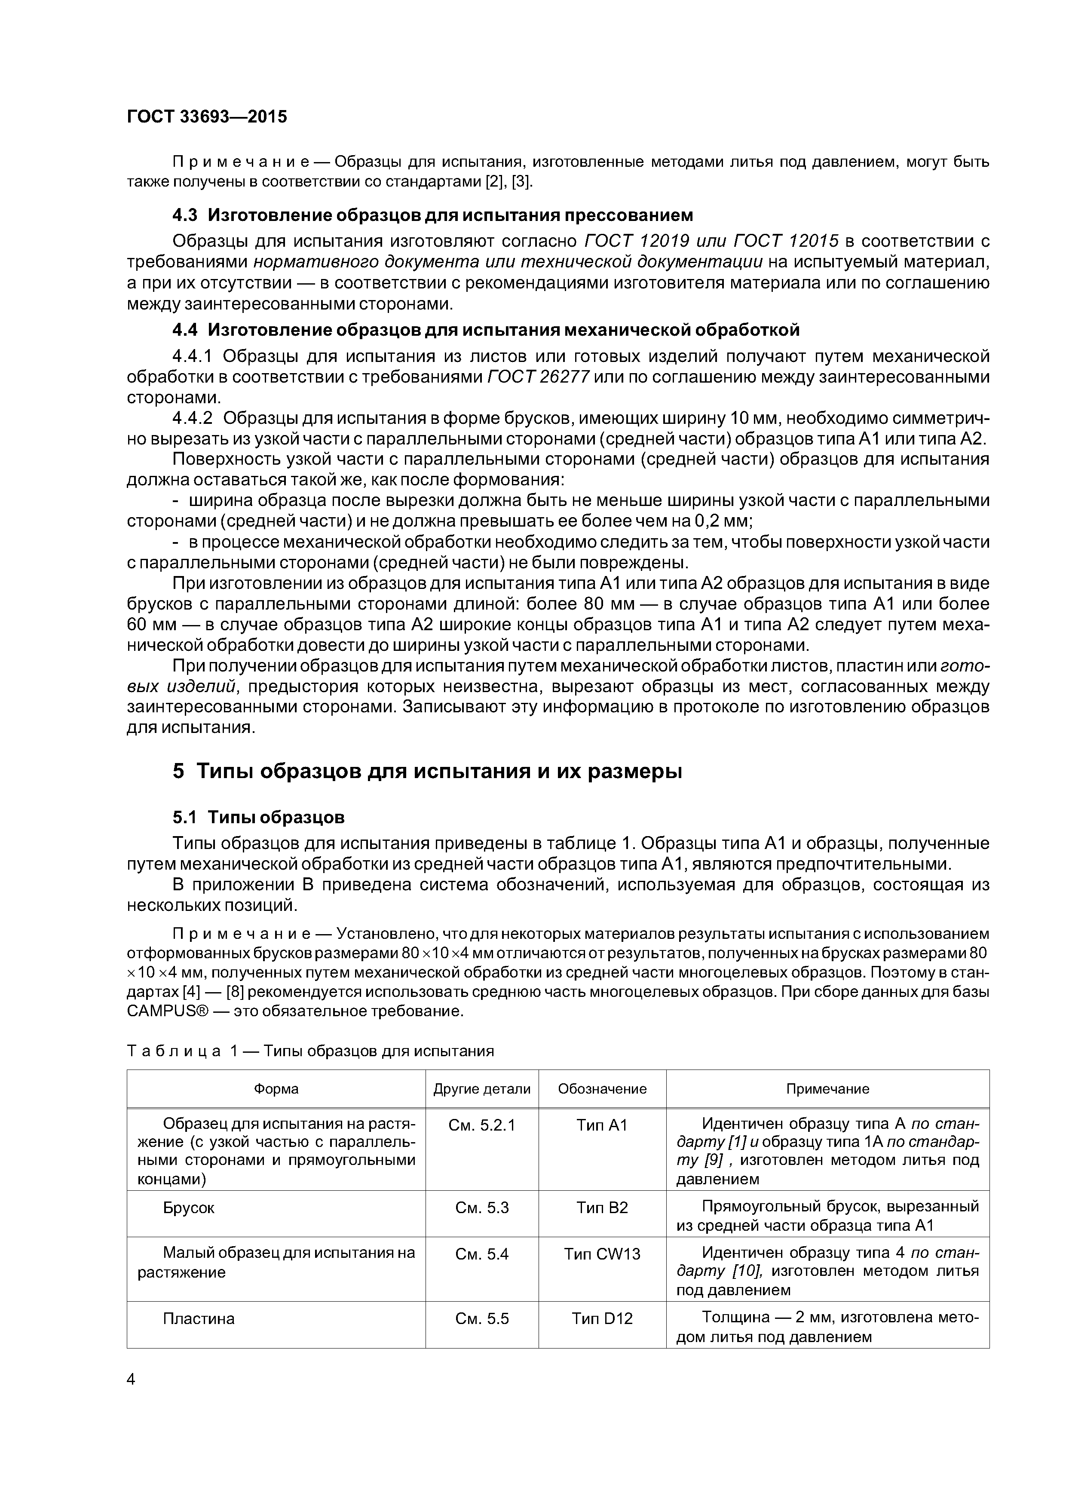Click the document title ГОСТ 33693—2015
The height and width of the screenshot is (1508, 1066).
[x=207, y=117]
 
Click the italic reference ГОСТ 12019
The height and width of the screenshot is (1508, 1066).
[x=635, y=241]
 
